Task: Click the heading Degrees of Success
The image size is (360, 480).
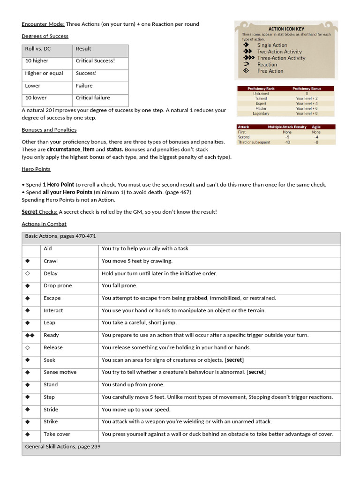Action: click(45, 36)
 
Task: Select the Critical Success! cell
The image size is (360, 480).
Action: click(95, 61)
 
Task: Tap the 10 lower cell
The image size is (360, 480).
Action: click(36, 98)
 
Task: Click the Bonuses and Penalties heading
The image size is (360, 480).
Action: click(49, 130)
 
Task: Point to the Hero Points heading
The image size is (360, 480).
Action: click(36, 169)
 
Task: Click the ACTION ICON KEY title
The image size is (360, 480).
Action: click(286, 29)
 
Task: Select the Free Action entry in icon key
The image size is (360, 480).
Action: click(270, 71)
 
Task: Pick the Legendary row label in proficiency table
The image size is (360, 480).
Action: click(261, 113)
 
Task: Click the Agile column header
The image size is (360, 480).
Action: click(316, 127)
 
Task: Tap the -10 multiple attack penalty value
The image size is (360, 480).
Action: click(287, 142)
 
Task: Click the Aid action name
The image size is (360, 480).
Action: click(47, 248)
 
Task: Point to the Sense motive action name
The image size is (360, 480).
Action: click(60, 372)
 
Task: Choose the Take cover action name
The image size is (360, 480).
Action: click(57, 434)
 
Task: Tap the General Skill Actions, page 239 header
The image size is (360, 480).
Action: click(63, 447)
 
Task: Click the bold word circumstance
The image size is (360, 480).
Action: click(63, 149)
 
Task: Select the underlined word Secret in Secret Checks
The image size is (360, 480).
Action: click(30, 212)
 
